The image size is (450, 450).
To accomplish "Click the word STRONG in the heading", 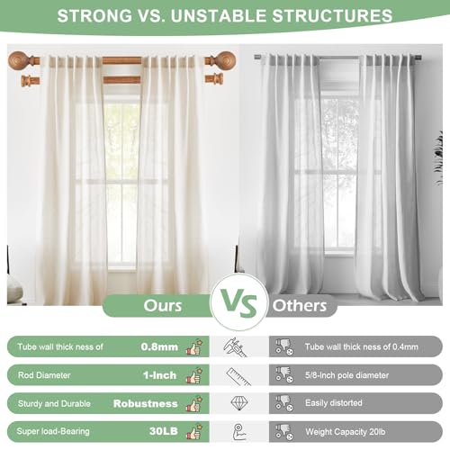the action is click(94, 15).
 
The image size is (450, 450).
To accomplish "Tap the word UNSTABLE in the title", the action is click(219, 15).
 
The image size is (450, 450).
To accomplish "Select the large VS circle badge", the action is click(239, 302).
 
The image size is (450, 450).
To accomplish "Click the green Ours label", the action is click(163, 306).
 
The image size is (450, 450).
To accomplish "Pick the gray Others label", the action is click(300, 306).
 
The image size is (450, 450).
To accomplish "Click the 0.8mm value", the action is click(159, 346).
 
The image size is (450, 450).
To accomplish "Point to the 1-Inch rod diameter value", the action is click(160, 375).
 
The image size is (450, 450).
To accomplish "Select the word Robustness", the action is click(146, 403).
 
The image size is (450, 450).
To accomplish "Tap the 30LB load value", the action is click(164, 431).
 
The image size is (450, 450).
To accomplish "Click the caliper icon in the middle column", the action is click(235, 347).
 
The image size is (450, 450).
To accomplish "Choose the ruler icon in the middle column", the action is click(238, 376).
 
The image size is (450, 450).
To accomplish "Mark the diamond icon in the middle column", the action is click(239, 403).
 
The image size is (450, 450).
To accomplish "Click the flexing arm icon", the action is click(239, 432).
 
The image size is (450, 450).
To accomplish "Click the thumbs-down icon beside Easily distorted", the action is click(284, 403).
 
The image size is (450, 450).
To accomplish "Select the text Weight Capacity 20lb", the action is click(346, 432).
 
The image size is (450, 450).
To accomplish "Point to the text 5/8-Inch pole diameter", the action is click(346, 375).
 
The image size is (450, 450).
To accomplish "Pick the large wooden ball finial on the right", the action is click(226, 61).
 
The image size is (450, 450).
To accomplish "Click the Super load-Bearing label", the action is click(53, 431).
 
